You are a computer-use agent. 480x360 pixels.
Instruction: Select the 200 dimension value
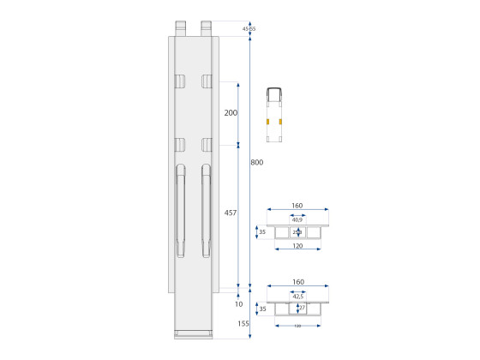[x=231, y=113]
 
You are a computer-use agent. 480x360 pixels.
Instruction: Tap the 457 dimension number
[x=231, y=213]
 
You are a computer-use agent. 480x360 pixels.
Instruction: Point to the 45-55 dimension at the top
[x=249, y=29]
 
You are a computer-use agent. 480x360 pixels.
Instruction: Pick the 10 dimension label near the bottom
[x=237, y=303]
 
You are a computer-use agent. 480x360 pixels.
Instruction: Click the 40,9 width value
[x=297, y=219]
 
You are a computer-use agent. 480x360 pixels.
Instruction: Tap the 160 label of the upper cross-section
[x=297, y=207]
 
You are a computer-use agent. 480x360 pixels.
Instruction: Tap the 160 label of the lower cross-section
[x=297, y=283]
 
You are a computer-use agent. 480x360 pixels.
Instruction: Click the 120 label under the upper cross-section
[x=297, y=246]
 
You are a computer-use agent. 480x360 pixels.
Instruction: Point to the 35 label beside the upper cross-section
[x=261, y=231]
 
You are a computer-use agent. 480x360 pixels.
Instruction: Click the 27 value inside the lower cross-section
[x=302, y=308]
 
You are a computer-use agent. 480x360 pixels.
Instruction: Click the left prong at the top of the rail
[x=181, y=27]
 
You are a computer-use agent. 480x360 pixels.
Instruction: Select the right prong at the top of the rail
[x=207, y=27]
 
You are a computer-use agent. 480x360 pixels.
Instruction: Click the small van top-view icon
[x=275, y=113]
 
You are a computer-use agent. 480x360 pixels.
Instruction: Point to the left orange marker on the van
[x=267, y=122]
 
